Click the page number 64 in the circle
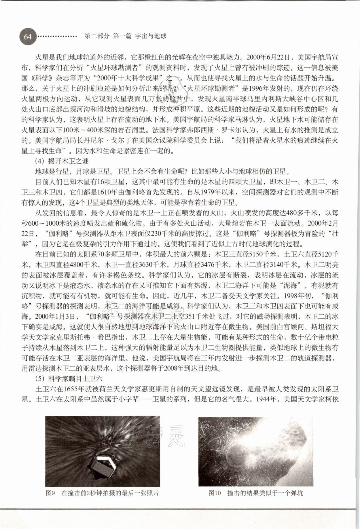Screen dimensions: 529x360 pos(28,37)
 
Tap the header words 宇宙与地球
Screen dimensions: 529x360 pos(151,36)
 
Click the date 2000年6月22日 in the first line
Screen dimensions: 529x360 pos(270,57)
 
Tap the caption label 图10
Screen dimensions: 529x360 pos(215,493)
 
